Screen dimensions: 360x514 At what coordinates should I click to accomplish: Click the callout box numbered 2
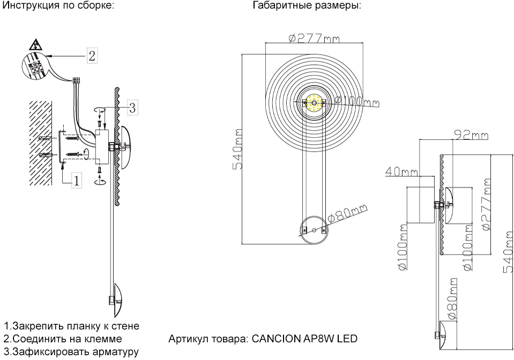click(x=92, y=55)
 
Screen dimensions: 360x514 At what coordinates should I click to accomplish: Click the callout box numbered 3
click(x=132, y=107)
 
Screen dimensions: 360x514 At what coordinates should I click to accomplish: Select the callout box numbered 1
click(x=77, y=180)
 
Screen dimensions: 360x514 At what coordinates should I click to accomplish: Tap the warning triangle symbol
click(x=35, y=44)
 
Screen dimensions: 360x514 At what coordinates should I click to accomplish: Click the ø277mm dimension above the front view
click(x=314, y=39)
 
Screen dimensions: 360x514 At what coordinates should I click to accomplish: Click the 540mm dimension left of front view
click(x=237, y=149)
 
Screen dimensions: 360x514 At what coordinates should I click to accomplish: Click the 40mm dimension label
click(x=401, y=171)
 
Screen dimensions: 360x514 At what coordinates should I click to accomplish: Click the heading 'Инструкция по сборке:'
click(x=58, y=6)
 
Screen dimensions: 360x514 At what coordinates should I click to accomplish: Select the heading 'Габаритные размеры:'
click(x=307, y=6)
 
